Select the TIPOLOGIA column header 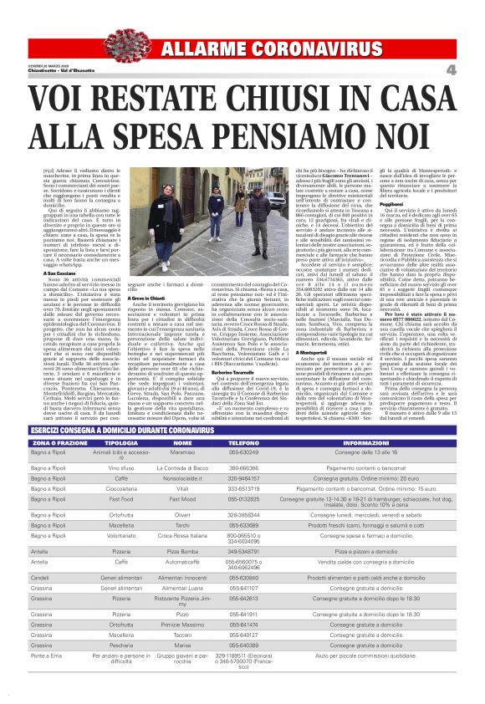(x=121, y=442)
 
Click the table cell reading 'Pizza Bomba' (x=182, y=575)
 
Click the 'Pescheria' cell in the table (x=121, y=669)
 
